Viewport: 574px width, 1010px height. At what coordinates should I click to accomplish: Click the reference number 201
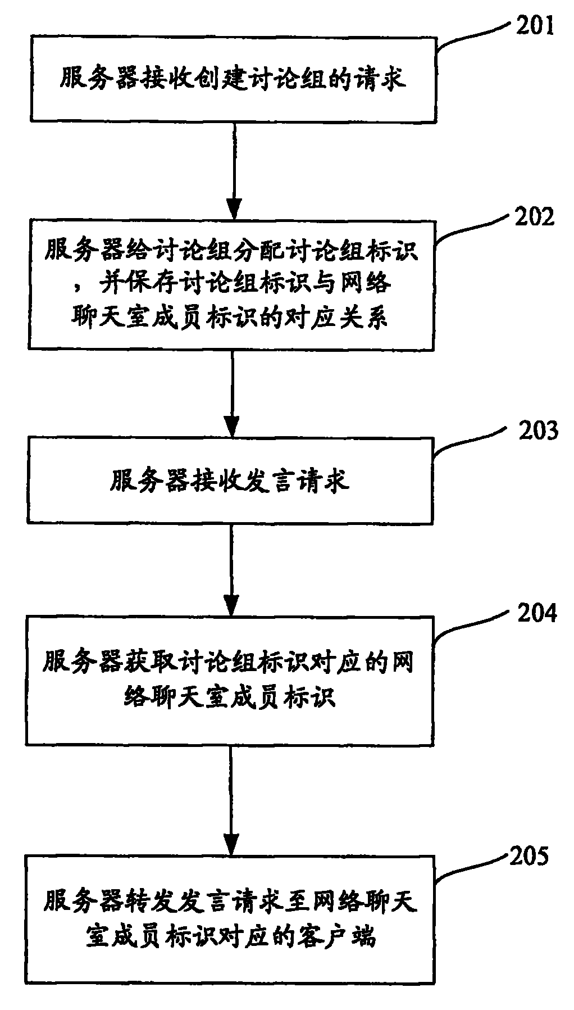pos(535,26)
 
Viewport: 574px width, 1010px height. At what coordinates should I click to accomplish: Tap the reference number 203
pos(539,431)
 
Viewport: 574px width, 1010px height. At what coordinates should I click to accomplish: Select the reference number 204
pos(537,613)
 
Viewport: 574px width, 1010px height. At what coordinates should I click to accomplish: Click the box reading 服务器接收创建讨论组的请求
pos(233,79)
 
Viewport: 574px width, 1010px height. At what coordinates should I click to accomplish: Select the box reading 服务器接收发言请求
pos(230,481)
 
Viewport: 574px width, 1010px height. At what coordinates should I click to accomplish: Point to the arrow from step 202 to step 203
pos(231,392)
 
